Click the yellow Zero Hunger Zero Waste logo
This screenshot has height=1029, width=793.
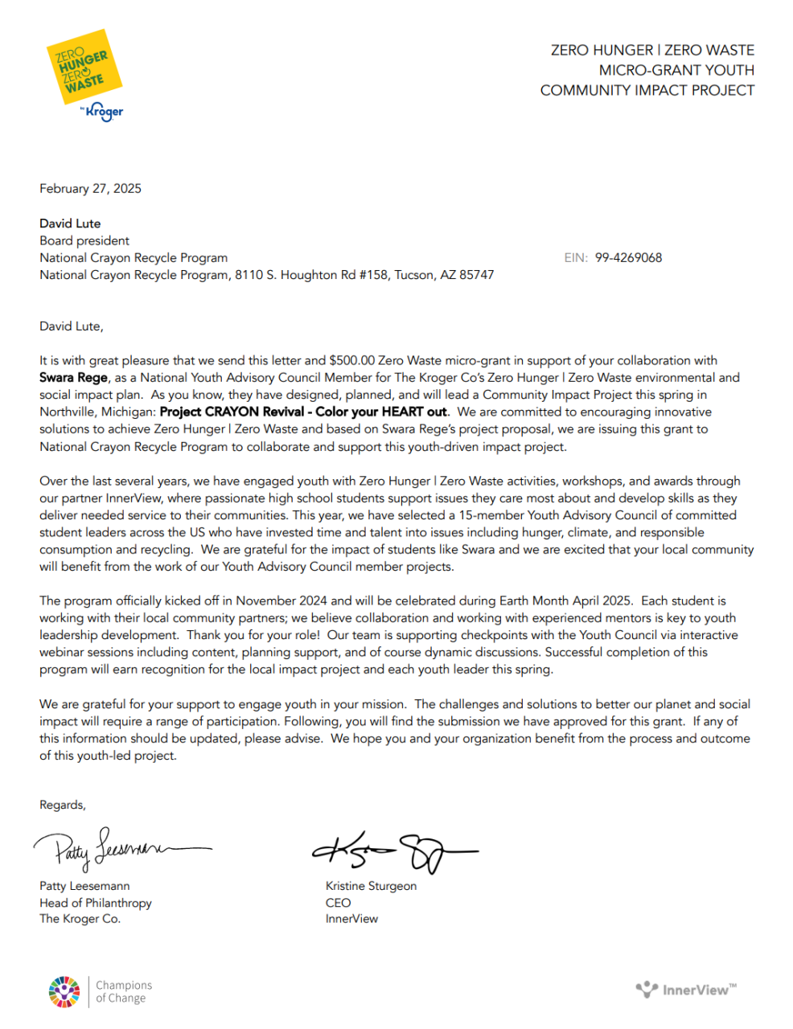click(83, 68)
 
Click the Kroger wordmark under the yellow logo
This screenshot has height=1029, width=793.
click(104, 112)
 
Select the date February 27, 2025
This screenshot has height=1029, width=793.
click(90, 189)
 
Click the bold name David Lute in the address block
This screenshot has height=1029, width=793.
click(70, 223)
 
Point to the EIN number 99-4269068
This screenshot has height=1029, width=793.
click(628, 258)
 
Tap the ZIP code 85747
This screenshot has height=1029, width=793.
click(475, 275)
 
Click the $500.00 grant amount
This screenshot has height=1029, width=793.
click(351, 361)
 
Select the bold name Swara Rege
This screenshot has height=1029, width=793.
click(73, 378)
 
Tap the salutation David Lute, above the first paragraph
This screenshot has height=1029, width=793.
click(72, 326)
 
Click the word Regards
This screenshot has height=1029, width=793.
click(62, 806)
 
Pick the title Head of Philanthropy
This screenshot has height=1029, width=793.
click(95, 903)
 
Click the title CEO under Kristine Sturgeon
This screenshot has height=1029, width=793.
click(338, 903)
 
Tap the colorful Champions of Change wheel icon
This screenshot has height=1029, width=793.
click(64, 991)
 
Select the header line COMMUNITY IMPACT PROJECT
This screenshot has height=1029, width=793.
click(647, 91)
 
